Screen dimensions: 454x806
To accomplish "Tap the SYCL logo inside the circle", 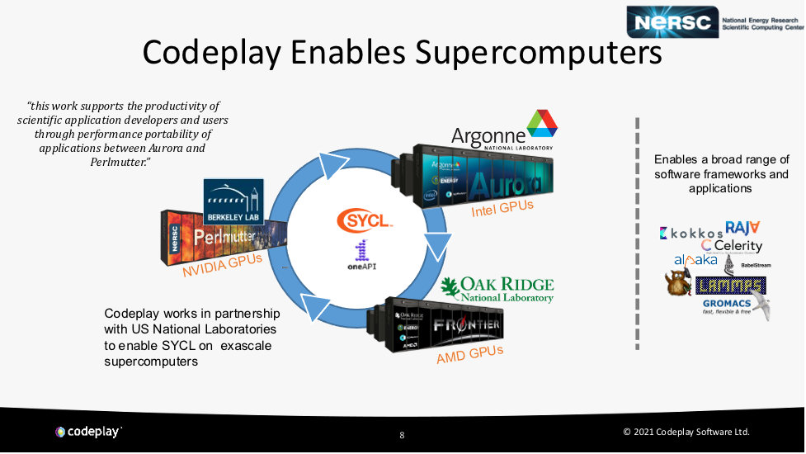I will [x=364, y=220].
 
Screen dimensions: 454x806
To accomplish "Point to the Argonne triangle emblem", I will [x=542, y=123].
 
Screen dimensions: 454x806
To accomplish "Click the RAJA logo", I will [x=742, y=228].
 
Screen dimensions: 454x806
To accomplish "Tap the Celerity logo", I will [x=732, y=246].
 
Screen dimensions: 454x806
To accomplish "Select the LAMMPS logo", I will [x=730, y=286].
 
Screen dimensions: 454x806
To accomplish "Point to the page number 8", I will [x=402, y=434].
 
